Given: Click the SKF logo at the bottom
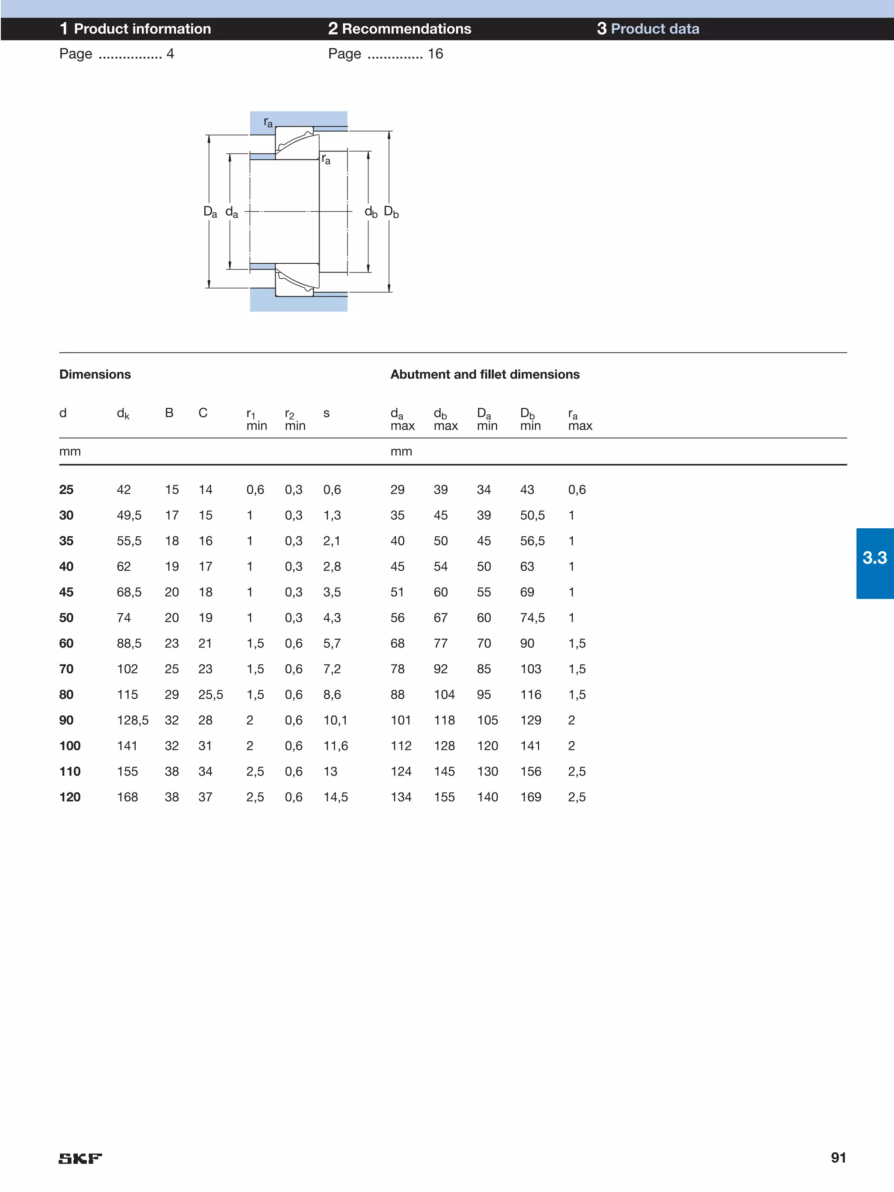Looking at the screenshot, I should pyautogui.click(x=80, y=1158).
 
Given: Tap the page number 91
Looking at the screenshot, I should pyautogui.click(x=838, y=1157).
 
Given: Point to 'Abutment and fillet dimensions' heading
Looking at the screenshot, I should pyautogui.click(x=485, y=374).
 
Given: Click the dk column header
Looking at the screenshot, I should pyautogui.click(x=123, y=413).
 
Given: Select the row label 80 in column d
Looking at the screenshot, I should pyautogui.click(x=66, y=694).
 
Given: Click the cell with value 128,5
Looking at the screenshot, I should pyautogui.click(x=133, y=720).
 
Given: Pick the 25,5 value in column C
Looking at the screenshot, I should pyautogui.click(x=210, y=694).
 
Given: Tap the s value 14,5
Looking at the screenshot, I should pyautogui.click(x=335, y=796).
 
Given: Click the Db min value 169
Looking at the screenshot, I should pyautogui.click(x=530, y=796).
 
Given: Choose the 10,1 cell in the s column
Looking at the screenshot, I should pyautogui.click(x=335, y=720).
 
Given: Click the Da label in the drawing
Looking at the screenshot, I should pyautogui.click(x=210, y=211).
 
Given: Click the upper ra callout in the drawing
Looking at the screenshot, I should pyautogui.click(x=268, y=122).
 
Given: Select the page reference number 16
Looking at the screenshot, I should pyautogui.click(x=435, y=53).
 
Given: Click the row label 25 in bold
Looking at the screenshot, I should pyautogui.click(x=66, y=489).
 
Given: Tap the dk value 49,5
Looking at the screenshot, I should pyautogui.click(x=129, y=515).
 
